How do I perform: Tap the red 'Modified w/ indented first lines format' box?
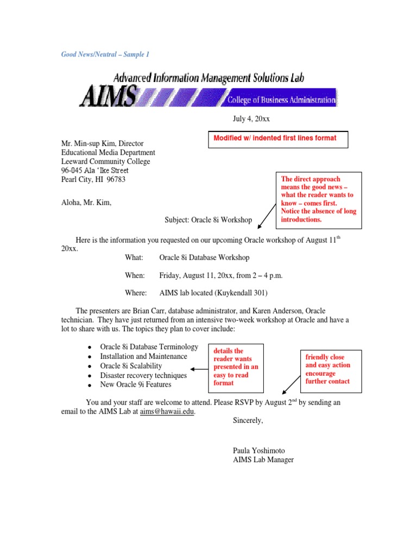(277, 139)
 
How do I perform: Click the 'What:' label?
(134, 257)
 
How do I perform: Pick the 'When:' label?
(135, 275)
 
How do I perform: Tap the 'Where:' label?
(136, 293)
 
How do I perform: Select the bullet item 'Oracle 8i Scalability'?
(131, 366)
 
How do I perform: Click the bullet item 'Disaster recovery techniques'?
(143, 375)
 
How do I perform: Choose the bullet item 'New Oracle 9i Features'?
(135, 384)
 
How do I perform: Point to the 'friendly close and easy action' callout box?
(331, 369)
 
